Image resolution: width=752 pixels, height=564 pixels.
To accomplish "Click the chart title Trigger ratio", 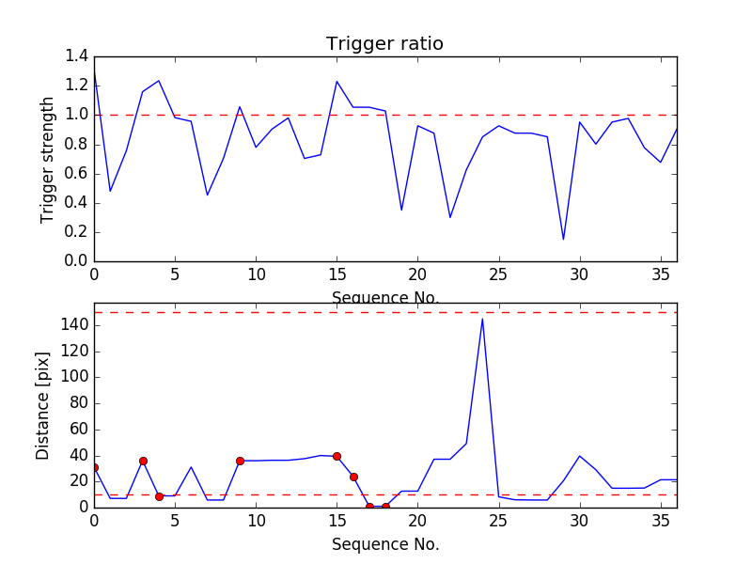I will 384,43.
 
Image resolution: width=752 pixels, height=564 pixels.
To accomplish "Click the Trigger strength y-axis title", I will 48,159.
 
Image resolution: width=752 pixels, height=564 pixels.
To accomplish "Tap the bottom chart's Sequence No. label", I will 384,544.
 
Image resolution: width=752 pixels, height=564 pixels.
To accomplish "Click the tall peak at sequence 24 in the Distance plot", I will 482,319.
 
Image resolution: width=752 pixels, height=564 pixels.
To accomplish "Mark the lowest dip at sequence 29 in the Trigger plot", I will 563,239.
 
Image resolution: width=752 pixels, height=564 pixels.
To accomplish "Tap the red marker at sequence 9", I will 240,461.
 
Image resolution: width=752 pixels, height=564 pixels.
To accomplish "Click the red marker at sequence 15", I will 337,456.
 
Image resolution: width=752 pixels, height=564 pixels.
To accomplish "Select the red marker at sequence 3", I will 143,461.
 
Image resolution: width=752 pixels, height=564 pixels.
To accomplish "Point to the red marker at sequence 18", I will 385,507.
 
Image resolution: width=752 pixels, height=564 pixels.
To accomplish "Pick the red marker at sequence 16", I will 353,477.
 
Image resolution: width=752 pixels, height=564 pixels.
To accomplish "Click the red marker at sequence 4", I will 159,496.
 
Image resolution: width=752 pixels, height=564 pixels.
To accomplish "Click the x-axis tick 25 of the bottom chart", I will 498,519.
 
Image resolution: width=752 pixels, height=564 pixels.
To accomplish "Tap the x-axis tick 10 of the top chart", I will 256,274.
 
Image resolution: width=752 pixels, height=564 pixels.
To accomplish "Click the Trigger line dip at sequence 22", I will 450,217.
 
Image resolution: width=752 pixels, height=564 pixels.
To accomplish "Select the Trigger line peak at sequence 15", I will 337,81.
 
